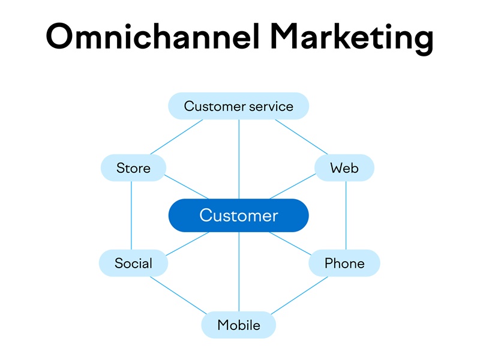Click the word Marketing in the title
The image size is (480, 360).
(352, 39)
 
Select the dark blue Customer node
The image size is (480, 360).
(238, 215)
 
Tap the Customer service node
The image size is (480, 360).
(238, 106)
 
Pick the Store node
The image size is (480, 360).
(133, 168)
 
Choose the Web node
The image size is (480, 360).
(344, 168)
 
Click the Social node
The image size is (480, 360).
(133, 263)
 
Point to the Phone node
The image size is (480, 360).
(344, 263)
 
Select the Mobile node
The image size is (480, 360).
(238, 325)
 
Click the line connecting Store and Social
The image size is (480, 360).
(131, 215)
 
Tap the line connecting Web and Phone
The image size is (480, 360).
(346, 215)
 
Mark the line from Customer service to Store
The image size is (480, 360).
(176, 137)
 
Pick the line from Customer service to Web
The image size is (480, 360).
(301, 137)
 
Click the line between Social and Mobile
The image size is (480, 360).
(178, 295)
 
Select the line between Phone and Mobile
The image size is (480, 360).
(299, 296)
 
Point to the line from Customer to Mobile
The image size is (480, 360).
(239, 272)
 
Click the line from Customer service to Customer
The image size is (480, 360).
(239, 159)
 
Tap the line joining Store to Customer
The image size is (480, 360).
(187, 187)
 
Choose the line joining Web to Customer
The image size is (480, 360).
(293, 187)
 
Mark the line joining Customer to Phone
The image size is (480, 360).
(290, 244)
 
